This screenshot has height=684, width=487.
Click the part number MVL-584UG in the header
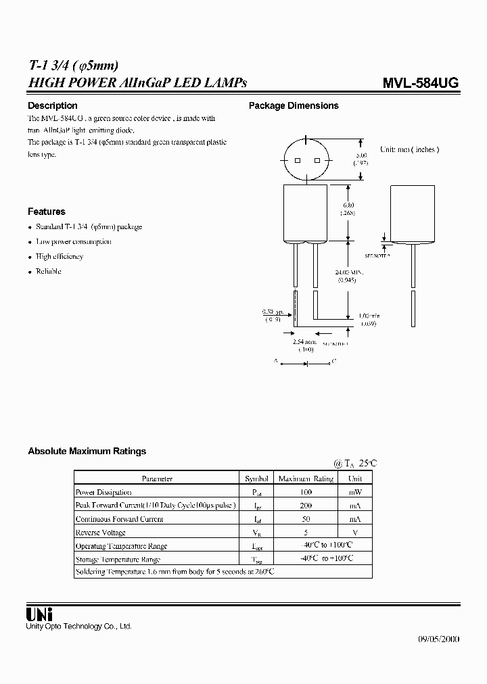pos(421,83)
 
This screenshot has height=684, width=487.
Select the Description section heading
pos(52,105)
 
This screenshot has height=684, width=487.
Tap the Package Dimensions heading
pos(294,105)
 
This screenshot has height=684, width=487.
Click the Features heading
pos(46,212)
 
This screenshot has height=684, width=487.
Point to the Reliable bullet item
pos(49,271)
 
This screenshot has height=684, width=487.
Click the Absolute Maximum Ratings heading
pos(87,451)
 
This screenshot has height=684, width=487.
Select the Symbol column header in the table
pos(256,479)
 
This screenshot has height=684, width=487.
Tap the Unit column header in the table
pos(355,479)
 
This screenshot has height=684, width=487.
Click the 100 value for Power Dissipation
pos(306,492)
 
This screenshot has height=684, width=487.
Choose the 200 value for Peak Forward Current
pos(306,506)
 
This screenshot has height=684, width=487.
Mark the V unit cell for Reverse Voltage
pos(355,532)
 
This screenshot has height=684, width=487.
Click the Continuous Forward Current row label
pos(119,519)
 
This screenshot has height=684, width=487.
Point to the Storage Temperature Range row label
pos(118,559)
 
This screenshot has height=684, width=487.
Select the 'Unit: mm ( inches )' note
pos(409,149)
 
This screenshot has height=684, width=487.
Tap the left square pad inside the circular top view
pos(297,161)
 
